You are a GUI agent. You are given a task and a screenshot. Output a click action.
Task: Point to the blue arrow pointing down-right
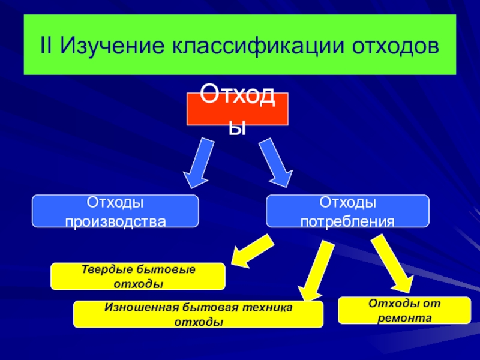click(276, 163)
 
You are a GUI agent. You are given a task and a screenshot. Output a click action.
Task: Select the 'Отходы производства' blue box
click(115, 211)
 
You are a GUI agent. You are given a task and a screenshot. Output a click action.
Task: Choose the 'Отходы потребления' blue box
click(347, 211)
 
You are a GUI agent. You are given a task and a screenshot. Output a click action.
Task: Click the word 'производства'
click(115, 221)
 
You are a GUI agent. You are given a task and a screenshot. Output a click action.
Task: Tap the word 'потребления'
click(347, 221)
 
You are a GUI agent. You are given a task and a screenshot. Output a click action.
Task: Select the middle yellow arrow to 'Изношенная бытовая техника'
click(314, 270)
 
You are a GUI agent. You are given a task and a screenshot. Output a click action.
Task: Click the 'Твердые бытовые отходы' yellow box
click(139, 276)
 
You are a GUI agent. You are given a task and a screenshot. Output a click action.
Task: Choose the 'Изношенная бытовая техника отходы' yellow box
click(199, 314)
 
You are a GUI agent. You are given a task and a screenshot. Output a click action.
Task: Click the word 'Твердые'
click(104, 270)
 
